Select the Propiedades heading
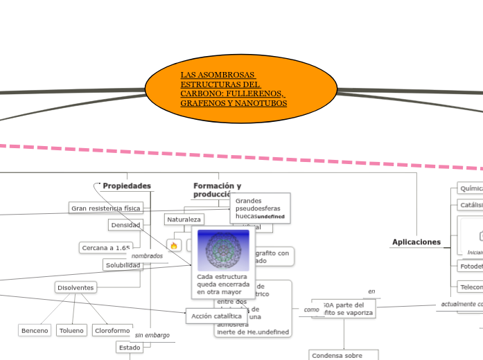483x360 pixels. pos(126,186)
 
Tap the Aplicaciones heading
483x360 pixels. pos(416,242)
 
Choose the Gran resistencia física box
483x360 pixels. pos(106,208)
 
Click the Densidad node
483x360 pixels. pos(126,225)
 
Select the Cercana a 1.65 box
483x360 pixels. pos(106,248)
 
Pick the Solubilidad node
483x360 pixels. pos(123,265)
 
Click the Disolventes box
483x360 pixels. pos(76,287)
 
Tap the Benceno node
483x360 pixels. pos(35,331)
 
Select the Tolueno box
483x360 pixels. pos(71,331)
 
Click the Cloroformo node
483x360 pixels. pos(112,331)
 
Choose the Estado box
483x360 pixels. pos(130,348)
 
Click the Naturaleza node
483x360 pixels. pos(184,219)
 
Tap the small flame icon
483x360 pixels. pos(174,245)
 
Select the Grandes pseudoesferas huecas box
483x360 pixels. pos(260,208)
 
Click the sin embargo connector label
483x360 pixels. pos(152,335)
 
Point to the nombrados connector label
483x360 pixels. pos(147,255)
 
